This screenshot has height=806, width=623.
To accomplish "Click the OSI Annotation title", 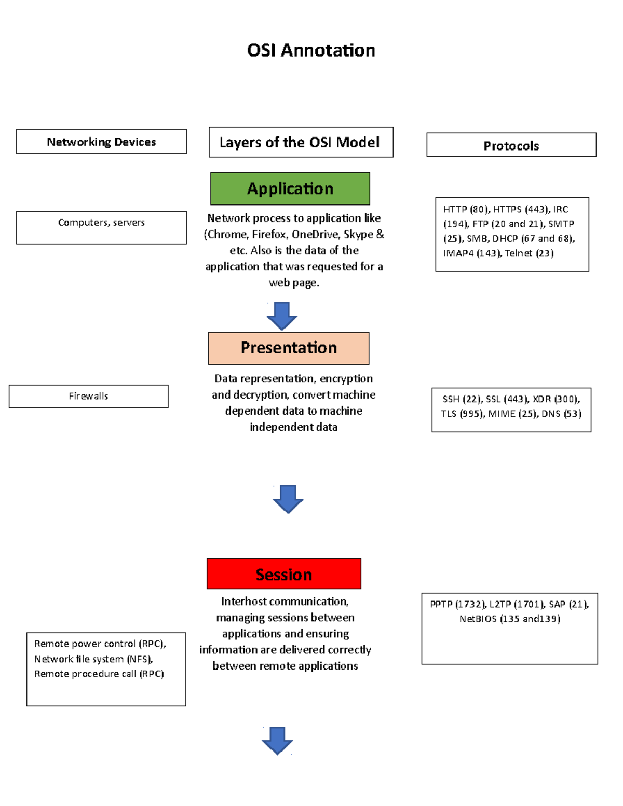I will pos(311,50).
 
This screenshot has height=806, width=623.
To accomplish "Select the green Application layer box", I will pos(290,188).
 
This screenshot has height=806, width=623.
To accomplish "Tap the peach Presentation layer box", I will pos(289,348).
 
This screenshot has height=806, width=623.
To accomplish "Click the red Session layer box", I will pos(283,574).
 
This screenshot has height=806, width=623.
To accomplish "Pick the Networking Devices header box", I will pos(101,142).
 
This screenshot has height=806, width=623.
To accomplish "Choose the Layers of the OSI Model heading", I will pos(301,142).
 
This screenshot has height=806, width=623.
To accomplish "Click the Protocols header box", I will pos(511,145).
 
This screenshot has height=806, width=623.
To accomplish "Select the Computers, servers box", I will pos(101,227).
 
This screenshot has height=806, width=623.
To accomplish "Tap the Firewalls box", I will pos(88,396).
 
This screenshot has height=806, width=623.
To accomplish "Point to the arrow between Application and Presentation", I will pos(282,315).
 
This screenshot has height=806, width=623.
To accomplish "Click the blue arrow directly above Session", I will pos(288,499).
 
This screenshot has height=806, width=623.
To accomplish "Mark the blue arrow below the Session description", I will pos(277,740).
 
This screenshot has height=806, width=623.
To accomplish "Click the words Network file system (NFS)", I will pos(93,659).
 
